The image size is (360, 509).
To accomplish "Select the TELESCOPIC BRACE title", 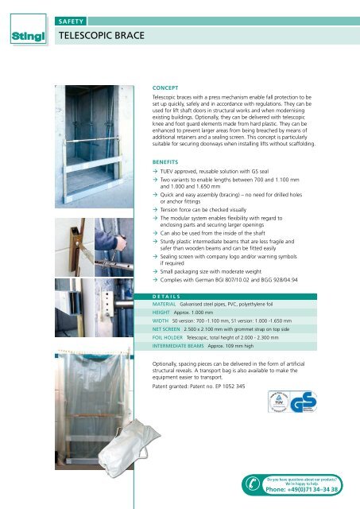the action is [100, 36].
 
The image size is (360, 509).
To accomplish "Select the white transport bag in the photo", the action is [110, 460].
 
